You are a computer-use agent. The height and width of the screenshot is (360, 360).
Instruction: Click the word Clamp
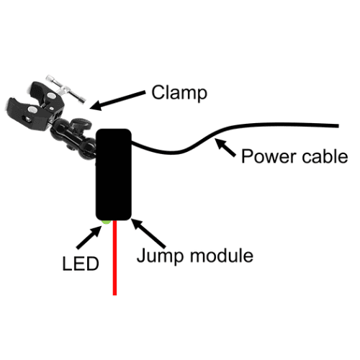tap(179, 93)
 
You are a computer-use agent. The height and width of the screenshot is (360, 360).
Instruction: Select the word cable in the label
tap(325, 156)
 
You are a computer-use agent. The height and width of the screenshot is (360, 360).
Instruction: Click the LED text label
tap(81, 264)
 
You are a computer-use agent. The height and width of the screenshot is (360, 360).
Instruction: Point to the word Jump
tap(161, 256)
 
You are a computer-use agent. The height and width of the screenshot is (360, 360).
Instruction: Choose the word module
tap(222, 256)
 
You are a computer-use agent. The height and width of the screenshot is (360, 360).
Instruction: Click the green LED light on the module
tap(106, 222)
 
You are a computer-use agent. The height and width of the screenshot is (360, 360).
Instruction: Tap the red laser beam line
tap(114, 258)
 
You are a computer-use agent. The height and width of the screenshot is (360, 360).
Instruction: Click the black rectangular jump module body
tap(114, 174)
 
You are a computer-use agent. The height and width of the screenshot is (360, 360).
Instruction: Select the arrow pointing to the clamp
tap(117, 101)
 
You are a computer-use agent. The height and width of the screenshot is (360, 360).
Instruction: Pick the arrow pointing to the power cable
tap(225, 148)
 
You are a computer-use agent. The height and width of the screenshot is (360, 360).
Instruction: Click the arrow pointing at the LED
tap(89, 237)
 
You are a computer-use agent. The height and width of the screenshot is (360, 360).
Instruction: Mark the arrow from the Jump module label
tap(148, 233)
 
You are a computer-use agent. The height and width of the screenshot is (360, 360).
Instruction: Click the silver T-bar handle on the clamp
tap(66, 89)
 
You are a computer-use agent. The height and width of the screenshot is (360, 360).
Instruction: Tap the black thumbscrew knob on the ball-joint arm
tap(82, 124)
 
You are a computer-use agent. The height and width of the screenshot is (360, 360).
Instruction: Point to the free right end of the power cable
tap(338, 126)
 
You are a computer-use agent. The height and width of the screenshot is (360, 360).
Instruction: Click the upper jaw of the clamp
tap(47, 96)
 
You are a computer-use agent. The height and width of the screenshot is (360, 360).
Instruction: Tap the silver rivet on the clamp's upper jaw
tap(50, 96)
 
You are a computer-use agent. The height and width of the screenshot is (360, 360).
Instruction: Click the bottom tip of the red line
tap(114, 295)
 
